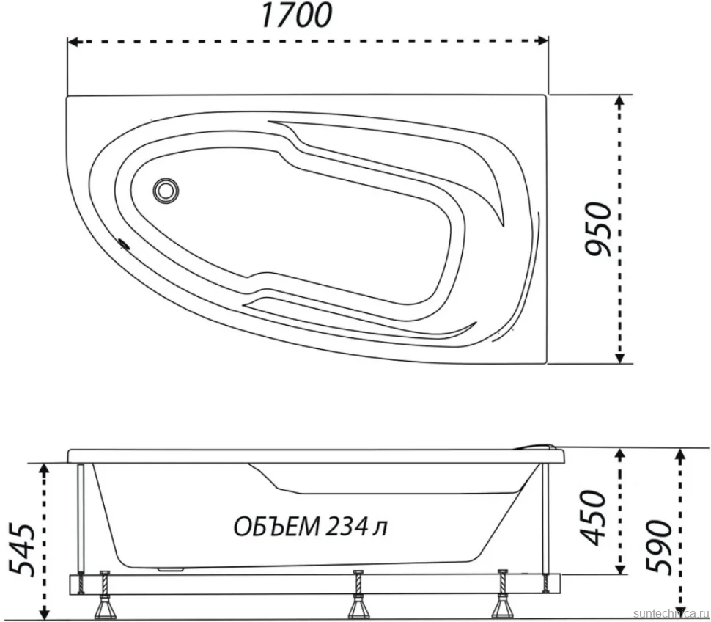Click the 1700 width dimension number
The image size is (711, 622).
click(x=296, y=15)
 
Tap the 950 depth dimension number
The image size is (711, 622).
click(x=597, y=229)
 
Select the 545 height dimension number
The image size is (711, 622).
click(x=21, y=549)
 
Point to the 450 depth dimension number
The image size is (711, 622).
click(x=593, y=517)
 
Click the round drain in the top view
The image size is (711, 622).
click(x=166, y=191)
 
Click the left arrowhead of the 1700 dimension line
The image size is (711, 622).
click(x=73, y=42)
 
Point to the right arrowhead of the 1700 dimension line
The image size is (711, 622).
click(x=542, y=41)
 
